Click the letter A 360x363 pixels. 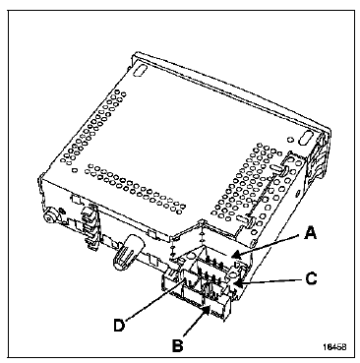tap(310, 233)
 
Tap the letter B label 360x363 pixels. tap(178, 345)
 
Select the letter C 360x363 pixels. tap(311, 278)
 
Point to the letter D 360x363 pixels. tap(120, 326)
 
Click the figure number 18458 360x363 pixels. tap(334, 346)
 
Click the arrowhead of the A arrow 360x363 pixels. tap(234, 257)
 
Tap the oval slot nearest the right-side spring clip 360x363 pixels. tap(307, 137)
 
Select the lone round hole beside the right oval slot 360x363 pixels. tap(290, 140)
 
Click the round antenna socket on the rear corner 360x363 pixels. tap(51, 215)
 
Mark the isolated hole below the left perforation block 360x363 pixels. tap(76, 170)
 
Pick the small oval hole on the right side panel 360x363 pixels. tap(297, 193)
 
